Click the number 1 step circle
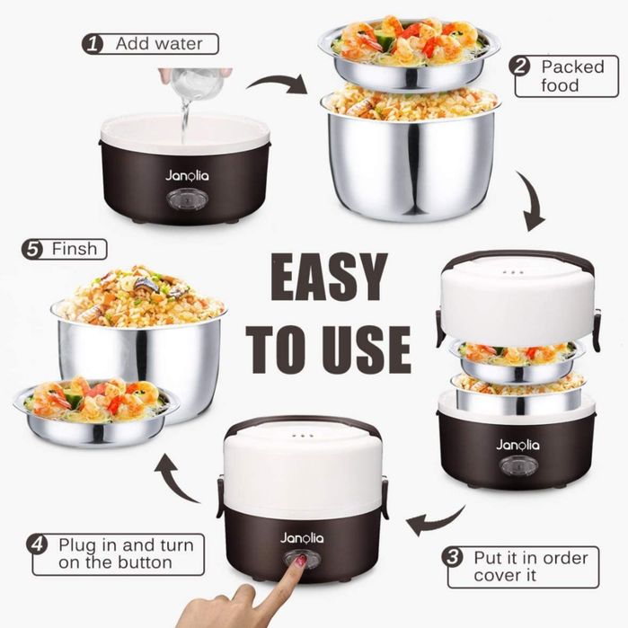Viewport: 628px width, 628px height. point(93,44)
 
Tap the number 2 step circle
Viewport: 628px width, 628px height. point(519,66)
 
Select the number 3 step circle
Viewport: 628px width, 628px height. point(453,557)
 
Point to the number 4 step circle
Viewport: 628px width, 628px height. point(37,544)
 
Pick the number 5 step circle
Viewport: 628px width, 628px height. point(32,249)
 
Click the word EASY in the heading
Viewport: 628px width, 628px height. point(329,277)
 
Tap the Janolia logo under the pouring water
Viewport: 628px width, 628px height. point(187,175)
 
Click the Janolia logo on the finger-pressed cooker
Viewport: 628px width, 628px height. point(302,538)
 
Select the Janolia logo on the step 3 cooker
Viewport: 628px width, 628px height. point(517,445)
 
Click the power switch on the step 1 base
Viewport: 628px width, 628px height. point(187,199)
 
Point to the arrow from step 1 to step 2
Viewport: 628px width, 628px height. point(277,84)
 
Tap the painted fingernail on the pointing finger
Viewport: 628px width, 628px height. point(301,561)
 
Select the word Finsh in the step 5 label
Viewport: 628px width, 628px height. point(75,249)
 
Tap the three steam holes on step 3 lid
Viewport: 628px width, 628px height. point(513,272)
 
